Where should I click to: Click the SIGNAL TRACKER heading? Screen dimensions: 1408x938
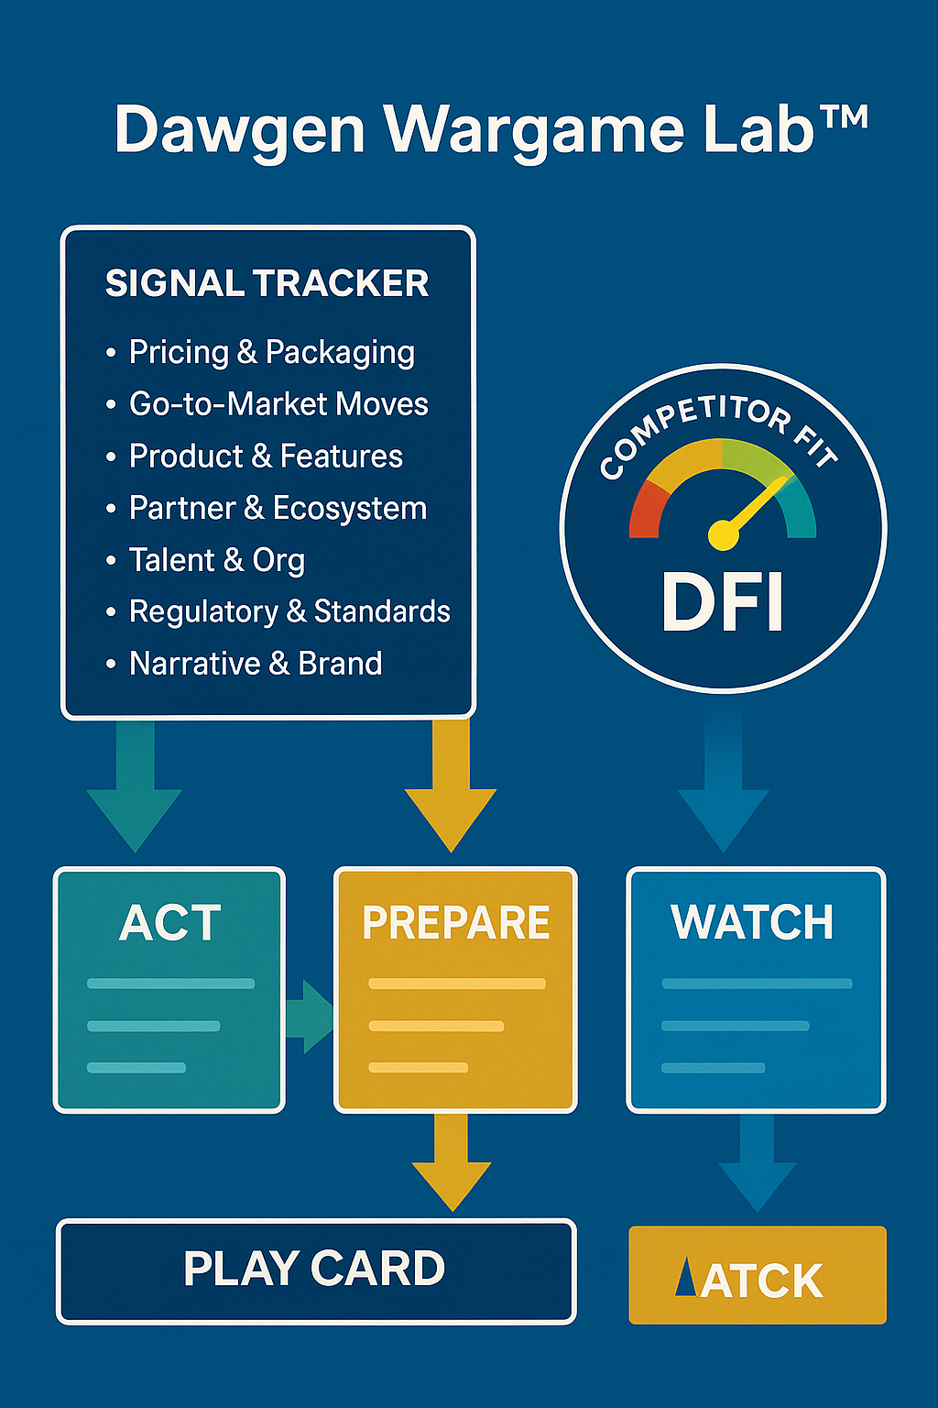[x=267, y=283]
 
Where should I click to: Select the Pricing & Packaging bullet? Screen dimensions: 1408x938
[x=271, y=352]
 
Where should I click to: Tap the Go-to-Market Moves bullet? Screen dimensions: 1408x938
[x=278, y=404]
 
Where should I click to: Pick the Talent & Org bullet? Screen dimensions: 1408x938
[x=216, y=560]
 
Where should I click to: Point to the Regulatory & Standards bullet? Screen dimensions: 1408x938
[x=289, y=611]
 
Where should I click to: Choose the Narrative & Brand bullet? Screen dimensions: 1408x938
[x=256, y=664]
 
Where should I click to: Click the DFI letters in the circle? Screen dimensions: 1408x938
[x=723, y=602]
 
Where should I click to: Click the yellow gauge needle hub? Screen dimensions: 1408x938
[x=723, y=534]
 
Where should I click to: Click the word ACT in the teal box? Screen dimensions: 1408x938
[x=170, y=922]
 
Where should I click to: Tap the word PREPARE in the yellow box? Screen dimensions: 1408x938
[x=455, y=922]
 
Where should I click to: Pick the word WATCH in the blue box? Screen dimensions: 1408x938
[x=752, y=922]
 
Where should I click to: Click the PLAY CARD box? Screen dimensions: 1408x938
[x=315, y=1270]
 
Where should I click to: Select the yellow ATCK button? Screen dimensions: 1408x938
[x=758, y=1276]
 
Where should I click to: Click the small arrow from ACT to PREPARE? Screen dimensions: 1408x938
[x=310, y=1017]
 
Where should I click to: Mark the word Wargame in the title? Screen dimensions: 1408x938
[x=534, y=130]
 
